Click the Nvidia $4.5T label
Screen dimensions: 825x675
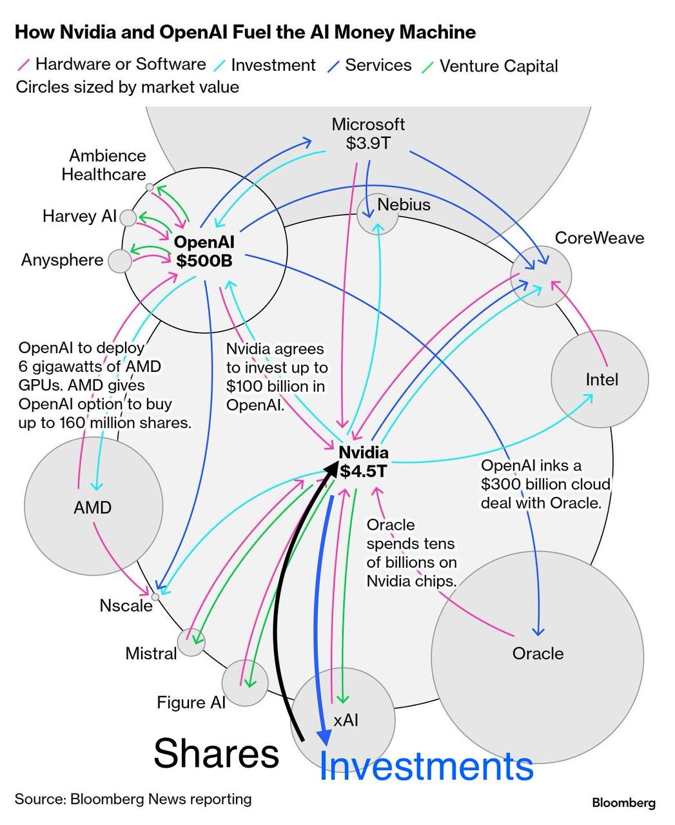(364, 461)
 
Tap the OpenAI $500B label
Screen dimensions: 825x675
(204, 251)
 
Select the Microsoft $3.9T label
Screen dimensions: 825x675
(368, 133)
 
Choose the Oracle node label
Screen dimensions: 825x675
(538, 654)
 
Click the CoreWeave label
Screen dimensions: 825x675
(599, 238)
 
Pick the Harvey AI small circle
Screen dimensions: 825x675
(128, 218)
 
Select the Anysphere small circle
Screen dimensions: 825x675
(119, 261)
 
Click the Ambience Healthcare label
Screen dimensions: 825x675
(104, 165)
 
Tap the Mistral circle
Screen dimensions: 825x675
(191, 642)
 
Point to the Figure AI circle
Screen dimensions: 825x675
(244, 683)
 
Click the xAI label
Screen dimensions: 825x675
(346, 720)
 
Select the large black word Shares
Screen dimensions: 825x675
(216, 753)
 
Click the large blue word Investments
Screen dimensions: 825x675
(426, 766)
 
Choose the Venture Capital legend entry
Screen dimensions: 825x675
(498, 66)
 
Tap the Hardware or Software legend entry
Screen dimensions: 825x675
(120, 64)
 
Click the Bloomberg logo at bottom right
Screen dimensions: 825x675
(623, 802)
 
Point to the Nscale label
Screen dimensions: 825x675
(126, 605)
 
